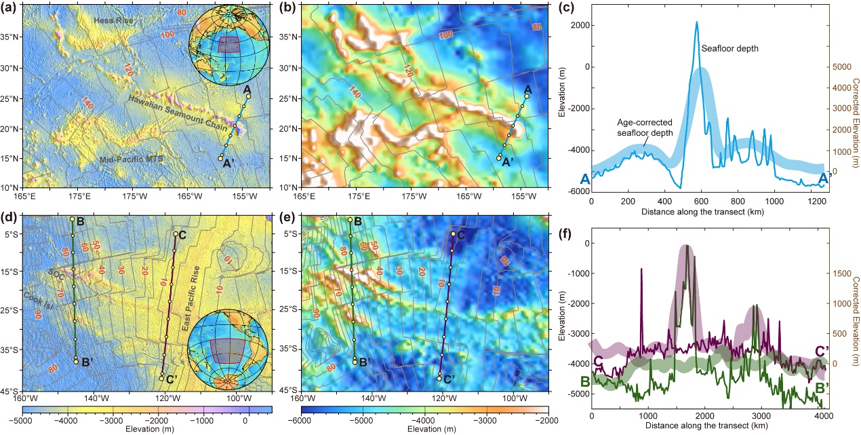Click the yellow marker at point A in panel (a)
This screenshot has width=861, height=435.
pos(248,96)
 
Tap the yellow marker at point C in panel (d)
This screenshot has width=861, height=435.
pos(176,234)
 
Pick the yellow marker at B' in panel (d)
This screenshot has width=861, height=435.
pos(76,362)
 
